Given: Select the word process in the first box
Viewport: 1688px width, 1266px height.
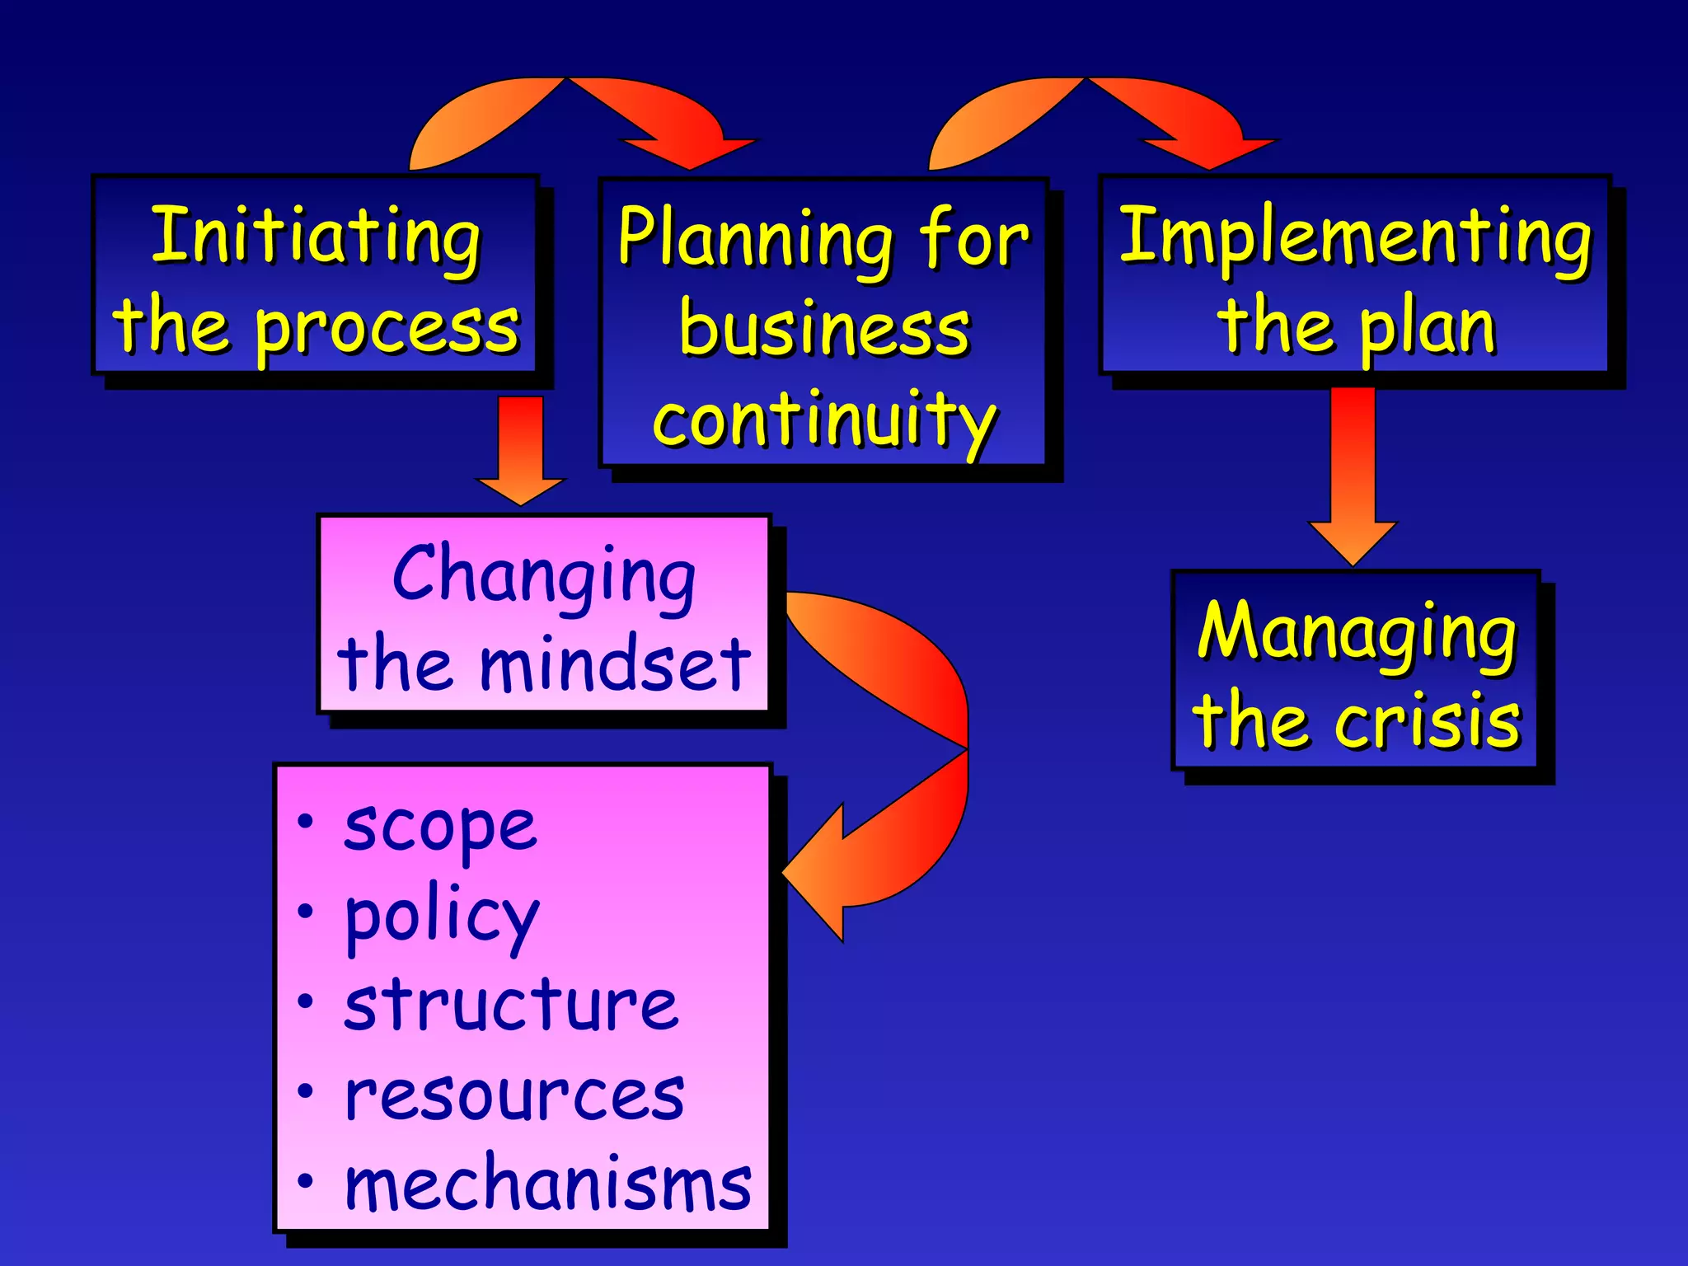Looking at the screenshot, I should (x=387, y=328).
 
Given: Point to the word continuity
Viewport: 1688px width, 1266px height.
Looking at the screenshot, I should (x=824, y=420).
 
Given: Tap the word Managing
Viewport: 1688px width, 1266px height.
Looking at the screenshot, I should (x=1357, y=633).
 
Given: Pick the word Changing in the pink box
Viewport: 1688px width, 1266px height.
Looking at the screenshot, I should (x=544, y=576).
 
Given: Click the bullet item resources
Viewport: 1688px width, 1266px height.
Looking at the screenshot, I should (x=514, y=1096).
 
